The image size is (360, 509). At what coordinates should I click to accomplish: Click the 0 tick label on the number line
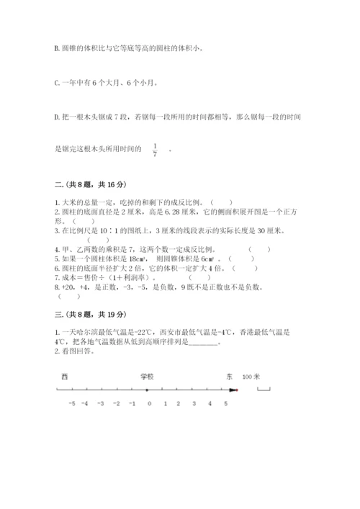pyautogui.click(x=149, y=404)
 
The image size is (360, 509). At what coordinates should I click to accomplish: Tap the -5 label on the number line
pyautogui.click(x=71, y=404)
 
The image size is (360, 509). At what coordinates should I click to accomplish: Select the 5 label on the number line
pyautogui.click(x=226, y=404)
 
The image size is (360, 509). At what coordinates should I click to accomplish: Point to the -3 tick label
pyautogui.click(x=102, y=404)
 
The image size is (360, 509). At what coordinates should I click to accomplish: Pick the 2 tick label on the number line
pyautogui.click(x=180, y=404)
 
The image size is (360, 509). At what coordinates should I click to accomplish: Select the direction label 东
pyautogui.click(x=229, y=377)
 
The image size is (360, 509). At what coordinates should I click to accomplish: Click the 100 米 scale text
pyautogui.click(x=252, y=377)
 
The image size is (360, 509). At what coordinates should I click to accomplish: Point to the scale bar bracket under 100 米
pyautogui.click(x=264, y=389)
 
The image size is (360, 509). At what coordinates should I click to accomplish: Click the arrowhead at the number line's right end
pyautogui.click(x=233, y=389)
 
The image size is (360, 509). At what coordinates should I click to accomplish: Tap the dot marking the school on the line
pyautogui.click(x=148, y=389)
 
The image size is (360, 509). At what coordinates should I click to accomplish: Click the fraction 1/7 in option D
pyautogui.click(x=155, y=149)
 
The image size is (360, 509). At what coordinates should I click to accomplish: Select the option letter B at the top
pyautogui.click(x=56, y=49)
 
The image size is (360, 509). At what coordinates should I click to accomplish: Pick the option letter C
pyautogui.click(x=56, y=83)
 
